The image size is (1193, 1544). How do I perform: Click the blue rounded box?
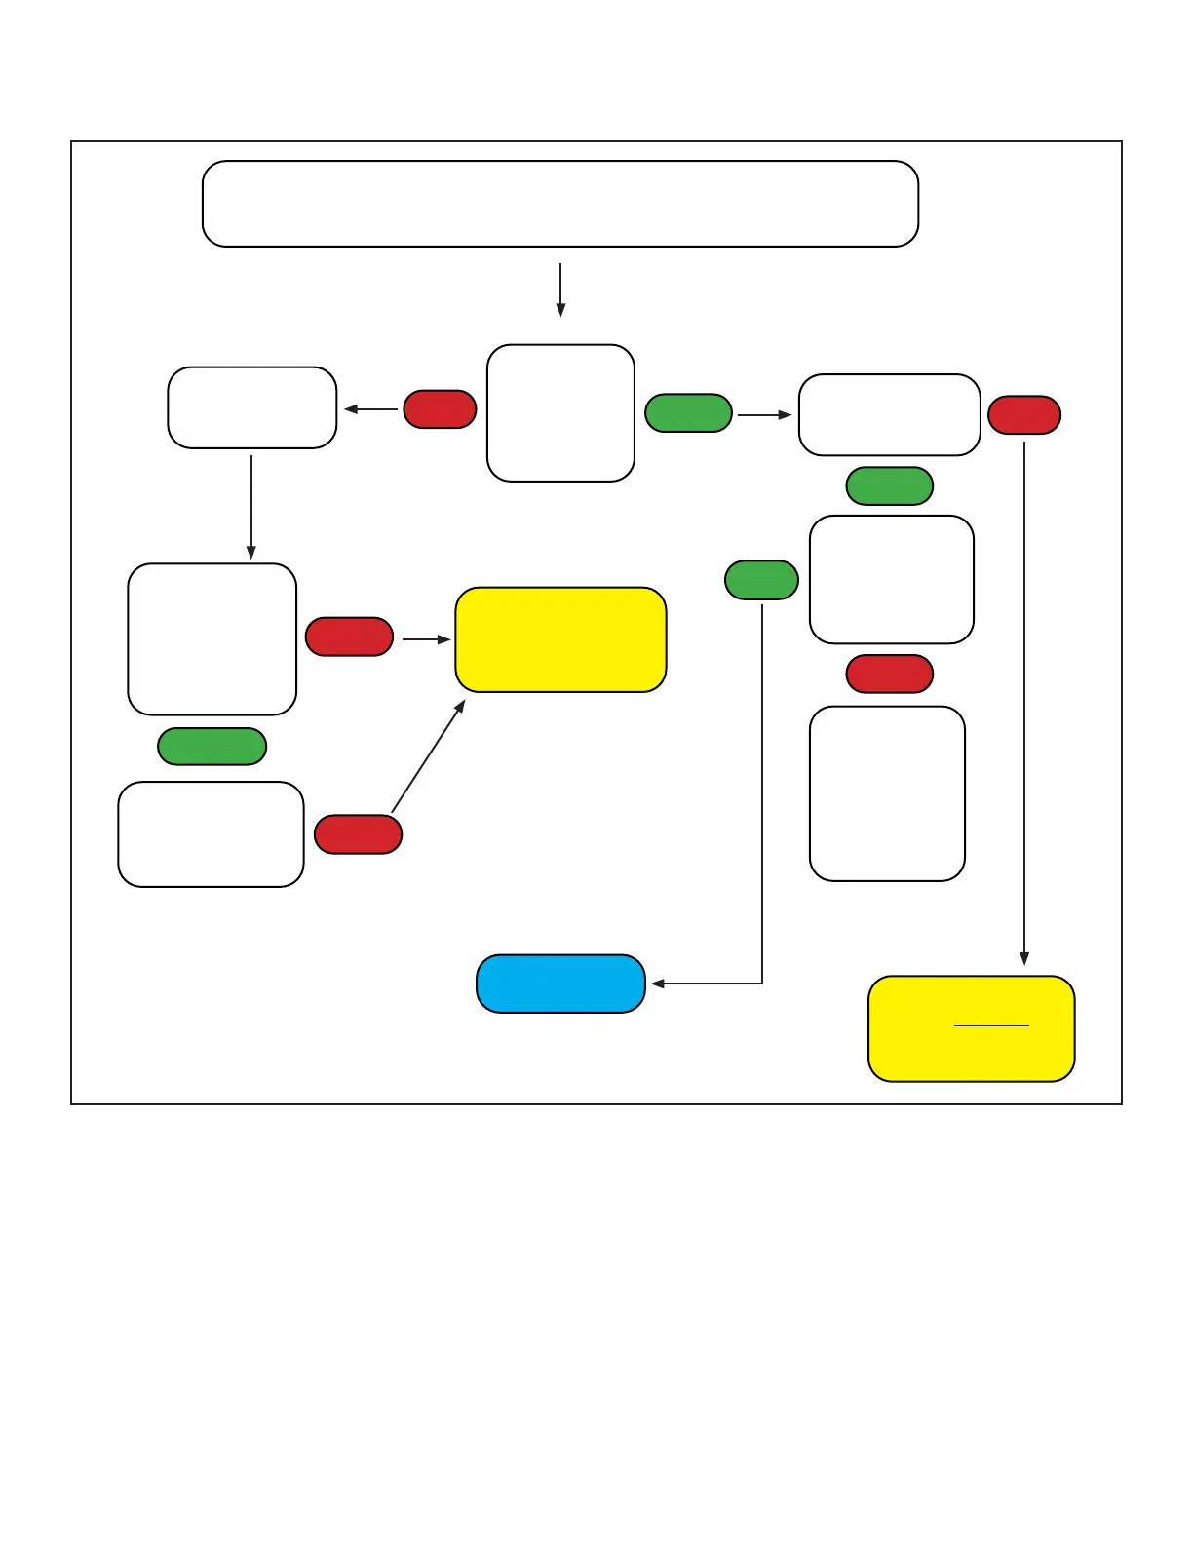point(560,984)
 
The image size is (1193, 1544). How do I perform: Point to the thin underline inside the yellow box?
point(991,1025)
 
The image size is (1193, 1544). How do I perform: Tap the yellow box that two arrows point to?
point(560,639)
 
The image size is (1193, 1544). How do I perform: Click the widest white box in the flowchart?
point(560,204)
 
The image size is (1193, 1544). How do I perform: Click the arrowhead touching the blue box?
point(657,984)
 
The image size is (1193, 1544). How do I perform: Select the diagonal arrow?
point(428,756)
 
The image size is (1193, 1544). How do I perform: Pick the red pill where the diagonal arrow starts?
point(358,834)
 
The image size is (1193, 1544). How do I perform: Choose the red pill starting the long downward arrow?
point(1024,415)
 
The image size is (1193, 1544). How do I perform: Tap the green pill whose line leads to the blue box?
point(761,580)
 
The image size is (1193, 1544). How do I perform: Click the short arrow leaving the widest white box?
point(560,289)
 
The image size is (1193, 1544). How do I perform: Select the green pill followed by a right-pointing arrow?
point(688,413)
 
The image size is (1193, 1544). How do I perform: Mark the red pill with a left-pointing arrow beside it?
point(440,409)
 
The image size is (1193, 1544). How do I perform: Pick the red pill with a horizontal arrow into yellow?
point(349,637)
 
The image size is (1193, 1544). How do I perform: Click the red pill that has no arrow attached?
point(889,675)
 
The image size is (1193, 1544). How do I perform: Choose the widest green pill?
point(212,747)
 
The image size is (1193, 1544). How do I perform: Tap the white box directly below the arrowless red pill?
point(887,793)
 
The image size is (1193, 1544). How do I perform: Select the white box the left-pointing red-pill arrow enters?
point(251,407)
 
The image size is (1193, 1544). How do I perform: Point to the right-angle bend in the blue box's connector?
point(762,984)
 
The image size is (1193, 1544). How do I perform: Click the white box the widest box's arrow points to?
point(560,412)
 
